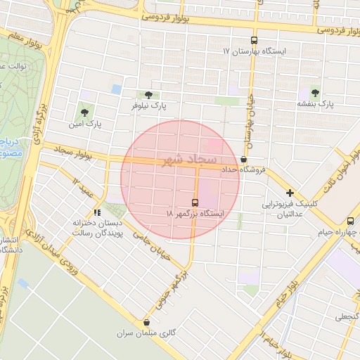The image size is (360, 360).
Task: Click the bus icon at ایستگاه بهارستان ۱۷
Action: point(254,40)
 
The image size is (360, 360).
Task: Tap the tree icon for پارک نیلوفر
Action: point(148,94)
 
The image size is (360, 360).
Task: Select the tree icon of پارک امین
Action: point(85,112)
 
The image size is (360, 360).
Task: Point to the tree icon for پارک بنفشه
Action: point(314,92)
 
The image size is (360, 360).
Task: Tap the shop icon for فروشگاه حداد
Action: point(243,160)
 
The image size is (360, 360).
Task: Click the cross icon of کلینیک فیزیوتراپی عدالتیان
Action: point(290,193)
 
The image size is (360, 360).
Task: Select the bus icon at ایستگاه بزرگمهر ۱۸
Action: point(195,201)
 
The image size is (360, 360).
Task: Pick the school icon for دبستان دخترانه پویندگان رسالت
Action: point(97,212)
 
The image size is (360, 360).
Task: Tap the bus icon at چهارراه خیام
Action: point(350,221)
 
